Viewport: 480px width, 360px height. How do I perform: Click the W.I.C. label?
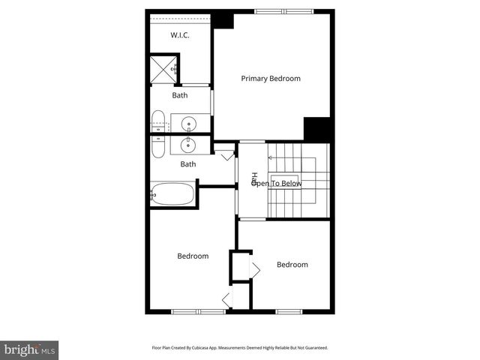(180, 35)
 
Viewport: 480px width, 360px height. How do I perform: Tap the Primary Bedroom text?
(270, 79)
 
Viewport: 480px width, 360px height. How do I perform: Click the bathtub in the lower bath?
(172, 194)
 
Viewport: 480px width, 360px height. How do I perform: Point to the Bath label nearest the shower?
(180, 95)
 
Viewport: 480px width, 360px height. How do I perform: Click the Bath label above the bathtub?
(187, 164)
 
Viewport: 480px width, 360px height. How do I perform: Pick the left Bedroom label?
(193, 256)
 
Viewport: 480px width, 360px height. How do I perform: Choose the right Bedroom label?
(292, 265)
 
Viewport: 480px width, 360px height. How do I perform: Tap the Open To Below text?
(277, 183)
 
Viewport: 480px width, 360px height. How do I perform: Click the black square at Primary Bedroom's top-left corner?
(223, 19)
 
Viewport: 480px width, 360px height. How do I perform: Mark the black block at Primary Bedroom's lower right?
(318, 128)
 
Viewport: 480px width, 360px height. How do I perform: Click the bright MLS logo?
(30, 349)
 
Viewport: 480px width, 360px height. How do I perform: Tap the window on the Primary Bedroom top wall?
(283, 11)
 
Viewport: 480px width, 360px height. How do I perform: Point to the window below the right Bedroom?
(289, 311)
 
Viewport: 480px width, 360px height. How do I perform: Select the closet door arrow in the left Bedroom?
(226, 300)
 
